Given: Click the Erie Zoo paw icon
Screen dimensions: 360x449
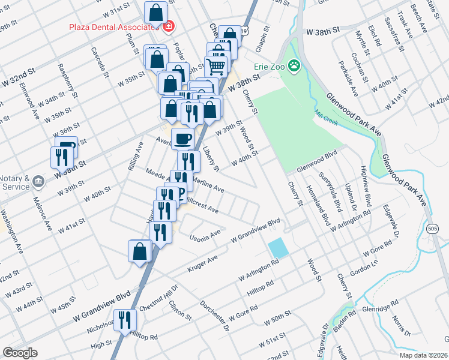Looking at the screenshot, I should tap(294, 65).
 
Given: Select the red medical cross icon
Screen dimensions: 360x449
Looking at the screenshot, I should tap(168, 26).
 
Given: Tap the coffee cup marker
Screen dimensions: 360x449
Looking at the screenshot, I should tap(183, 139).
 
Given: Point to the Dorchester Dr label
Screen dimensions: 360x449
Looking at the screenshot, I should tap(214, 314).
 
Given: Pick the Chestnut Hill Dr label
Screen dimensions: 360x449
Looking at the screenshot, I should tap(158, 298).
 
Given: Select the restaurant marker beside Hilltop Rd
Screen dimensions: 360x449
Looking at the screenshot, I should tap(125, 320).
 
